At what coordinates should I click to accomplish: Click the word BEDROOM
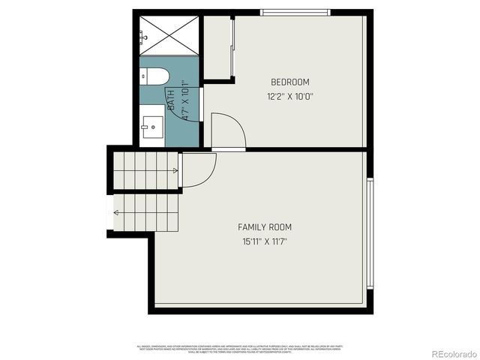click(289, 82)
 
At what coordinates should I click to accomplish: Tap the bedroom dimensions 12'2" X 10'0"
click(289, 96)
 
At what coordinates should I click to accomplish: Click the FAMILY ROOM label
click(265, 227)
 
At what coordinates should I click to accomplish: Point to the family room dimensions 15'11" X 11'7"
click(265, 241)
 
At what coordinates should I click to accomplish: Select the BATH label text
click(172, 101)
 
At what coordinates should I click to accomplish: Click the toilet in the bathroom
click(155, 76)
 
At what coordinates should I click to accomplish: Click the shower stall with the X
click(169, 34)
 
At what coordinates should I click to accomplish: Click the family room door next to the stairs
click(199, 169)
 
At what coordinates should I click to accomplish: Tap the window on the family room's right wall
click(369, 233)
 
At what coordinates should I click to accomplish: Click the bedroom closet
click(217, 46)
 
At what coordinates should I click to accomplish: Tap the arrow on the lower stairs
click(116, 212)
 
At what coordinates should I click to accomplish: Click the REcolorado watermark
click(447, 352)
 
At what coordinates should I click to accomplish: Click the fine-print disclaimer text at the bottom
click(238, 348)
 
